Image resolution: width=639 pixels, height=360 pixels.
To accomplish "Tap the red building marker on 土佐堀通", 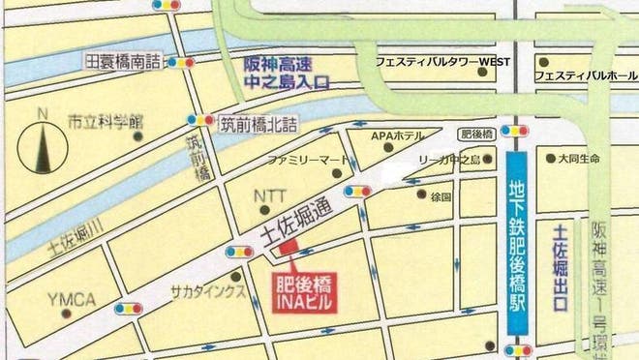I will pos(289,249).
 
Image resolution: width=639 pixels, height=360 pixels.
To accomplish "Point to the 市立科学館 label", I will pos(105,123).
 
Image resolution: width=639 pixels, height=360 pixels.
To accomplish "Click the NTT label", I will pos(269,195).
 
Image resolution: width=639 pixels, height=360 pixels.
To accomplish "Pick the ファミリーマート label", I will pos(307,158).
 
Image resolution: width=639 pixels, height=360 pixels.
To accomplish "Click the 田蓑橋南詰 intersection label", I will pos(122,61).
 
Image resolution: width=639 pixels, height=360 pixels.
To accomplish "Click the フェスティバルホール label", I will pos(586,75).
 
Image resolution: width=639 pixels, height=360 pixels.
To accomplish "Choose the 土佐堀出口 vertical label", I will pos(559,267).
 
